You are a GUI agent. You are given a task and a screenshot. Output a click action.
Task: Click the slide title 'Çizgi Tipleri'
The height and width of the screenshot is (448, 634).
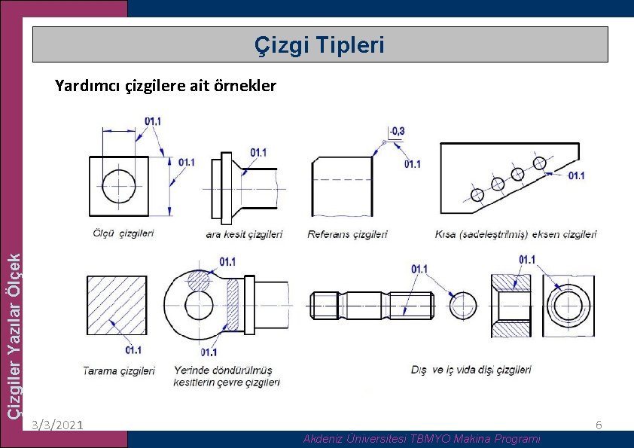[319, 45]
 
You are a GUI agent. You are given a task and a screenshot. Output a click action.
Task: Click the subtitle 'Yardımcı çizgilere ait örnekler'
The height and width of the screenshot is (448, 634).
[166, 86]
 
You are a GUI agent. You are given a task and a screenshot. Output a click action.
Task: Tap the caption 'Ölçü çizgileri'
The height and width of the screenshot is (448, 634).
[123, 233]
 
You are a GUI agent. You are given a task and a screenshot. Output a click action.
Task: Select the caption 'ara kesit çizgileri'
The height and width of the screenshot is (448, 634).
[244, 234]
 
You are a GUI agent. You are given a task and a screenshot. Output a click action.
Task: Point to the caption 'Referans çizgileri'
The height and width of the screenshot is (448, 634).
[347, 234]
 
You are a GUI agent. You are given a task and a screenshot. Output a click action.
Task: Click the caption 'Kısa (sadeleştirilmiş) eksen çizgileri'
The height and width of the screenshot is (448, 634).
[516, 234]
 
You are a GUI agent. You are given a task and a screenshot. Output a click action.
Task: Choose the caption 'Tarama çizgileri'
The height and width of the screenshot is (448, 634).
[119, 370]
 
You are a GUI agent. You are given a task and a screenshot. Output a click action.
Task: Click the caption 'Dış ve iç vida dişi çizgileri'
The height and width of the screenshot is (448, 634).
[471, 370]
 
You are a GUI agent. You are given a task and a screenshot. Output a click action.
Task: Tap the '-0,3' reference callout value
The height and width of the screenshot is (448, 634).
[398, 131]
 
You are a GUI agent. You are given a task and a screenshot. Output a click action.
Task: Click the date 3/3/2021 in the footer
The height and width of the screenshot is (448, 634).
[58, 425]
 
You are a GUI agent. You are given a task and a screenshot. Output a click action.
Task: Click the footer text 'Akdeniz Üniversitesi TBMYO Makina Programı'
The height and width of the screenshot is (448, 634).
[422, 438]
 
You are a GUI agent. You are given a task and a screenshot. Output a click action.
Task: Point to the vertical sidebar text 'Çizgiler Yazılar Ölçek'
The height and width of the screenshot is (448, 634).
[14, 335]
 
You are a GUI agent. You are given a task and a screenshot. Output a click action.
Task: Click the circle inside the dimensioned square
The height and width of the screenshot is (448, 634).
[120, 185]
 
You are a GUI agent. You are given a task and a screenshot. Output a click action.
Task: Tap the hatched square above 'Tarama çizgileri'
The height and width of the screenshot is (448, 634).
[116, 305]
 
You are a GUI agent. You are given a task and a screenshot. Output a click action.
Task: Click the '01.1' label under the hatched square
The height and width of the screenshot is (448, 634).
[133, 350]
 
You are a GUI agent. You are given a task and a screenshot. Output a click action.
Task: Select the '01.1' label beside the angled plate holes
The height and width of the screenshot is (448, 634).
[576, 175]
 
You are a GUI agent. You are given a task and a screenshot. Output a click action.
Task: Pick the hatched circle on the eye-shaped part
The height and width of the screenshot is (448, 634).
[200, 280]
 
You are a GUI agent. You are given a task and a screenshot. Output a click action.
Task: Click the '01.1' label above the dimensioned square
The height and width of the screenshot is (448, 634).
[153, 120]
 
